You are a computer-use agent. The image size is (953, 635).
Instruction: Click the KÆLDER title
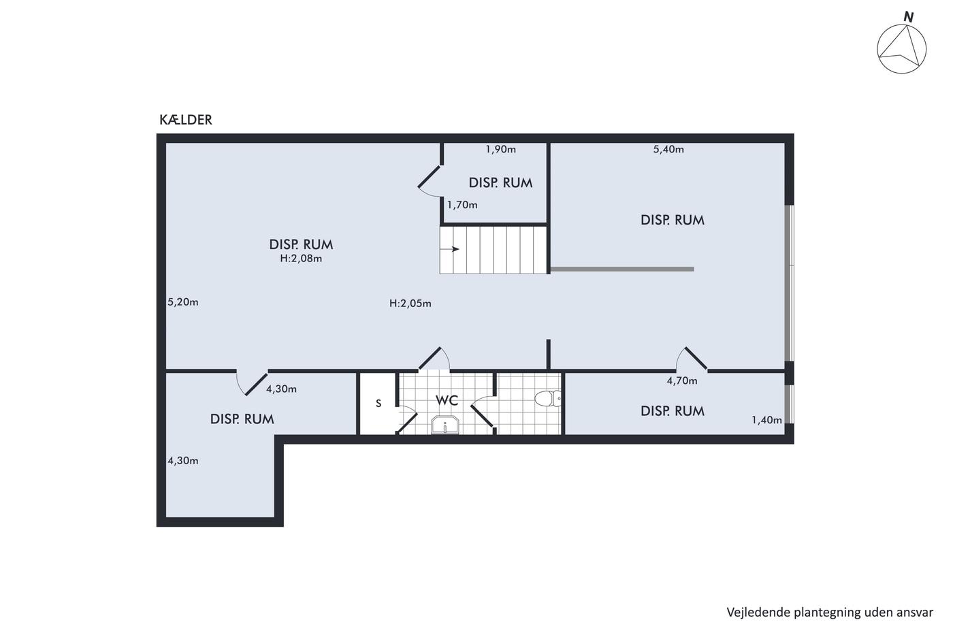click(185, 120)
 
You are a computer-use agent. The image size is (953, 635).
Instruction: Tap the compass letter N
click(908, 18)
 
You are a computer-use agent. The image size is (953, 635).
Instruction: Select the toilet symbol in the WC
click(548, 399)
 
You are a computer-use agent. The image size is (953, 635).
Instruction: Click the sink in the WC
click(445, 425)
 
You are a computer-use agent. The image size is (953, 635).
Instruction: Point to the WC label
click(447, 400)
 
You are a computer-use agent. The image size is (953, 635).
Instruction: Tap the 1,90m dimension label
click(501, 149)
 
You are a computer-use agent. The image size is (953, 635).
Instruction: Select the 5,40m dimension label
click(668, 149)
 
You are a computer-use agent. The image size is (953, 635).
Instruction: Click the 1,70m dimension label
click(462, 205)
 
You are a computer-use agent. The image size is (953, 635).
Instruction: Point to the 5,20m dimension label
click(183, 302)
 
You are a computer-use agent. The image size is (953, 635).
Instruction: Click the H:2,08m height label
click(301, 259)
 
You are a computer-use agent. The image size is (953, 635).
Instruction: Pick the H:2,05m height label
click(410, 304)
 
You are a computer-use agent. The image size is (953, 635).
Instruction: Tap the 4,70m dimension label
click(682, 380)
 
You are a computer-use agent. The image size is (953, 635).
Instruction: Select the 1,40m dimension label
click(766, 420)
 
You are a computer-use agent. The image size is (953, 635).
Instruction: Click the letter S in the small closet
click(378, 403)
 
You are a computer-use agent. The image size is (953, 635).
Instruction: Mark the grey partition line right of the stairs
click(622, 270)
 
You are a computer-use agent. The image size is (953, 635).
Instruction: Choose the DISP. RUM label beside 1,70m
click(500, 183)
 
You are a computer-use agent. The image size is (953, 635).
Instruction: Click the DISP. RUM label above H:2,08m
click(301, 244)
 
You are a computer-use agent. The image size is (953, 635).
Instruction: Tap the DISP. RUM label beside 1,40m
click(673, 411)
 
